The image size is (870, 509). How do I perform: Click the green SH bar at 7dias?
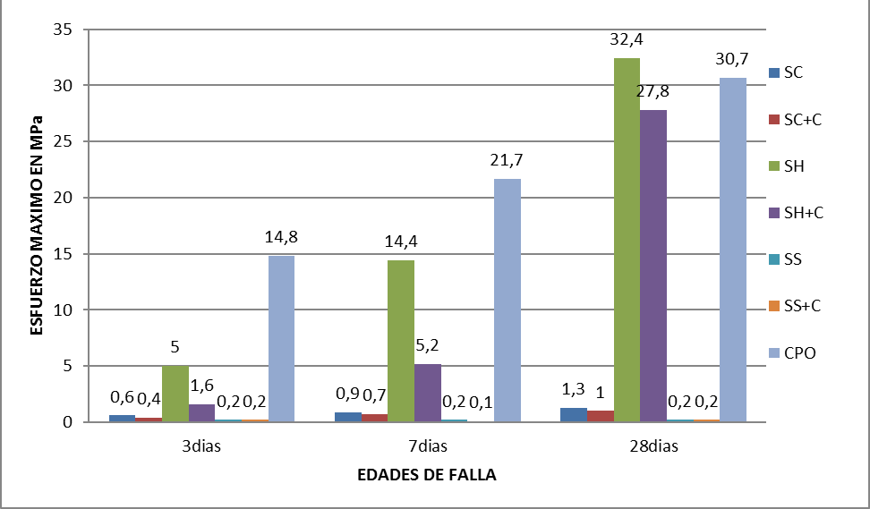pyautogui.click(x=401, y=341)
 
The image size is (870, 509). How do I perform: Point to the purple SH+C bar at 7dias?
pyautogui.click(x=428, y=393)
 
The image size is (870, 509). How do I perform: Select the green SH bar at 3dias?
pyautogui.click(x=175, y=394)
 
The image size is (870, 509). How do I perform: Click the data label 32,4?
pyautogui.click(x=627, y=41)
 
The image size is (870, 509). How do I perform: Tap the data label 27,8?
pyautogui.click(x=654, y=91)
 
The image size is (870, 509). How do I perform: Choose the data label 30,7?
pyautogui.click(x=732, y=58)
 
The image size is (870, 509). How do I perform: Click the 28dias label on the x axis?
pyautogui.click(x=652, y=445)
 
